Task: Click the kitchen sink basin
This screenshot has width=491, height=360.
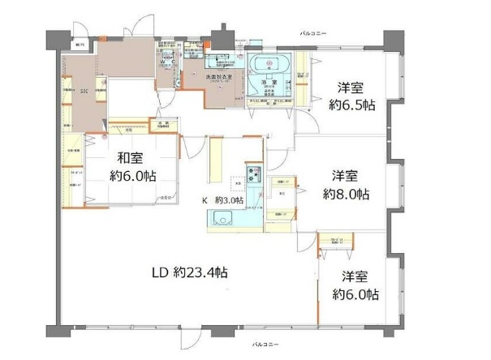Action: pyautogui.click(x=222, y=216)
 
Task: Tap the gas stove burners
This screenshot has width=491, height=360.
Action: pyautogui.click(x=252, y=174)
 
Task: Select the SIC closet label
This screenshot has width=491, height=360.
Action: pyautogui.click(x=84, y=92)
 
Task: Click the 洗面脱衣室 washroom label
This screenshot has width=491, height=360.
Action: pyautogui.click(x=218, y=78)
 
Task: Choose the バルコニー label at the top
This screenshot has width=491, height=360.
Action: pyautogui.click(x=312, y=32)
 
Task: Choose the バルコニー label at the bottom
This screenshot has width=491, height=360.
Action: pyautogui.click(x=267, y=345)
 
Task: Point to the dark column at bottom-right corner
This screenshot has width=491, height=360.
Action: pyautogui.click(x=393, y=330)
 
